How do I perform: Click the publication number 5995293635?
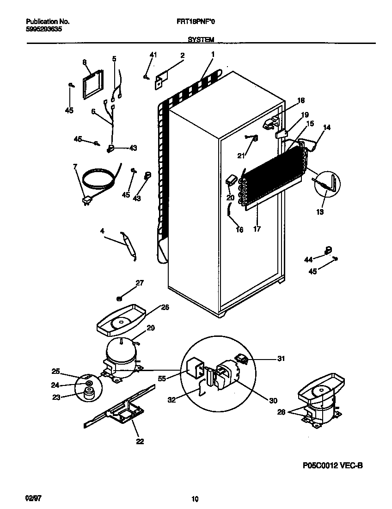tap(42, 29)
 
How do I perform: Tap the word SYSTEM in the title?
tap(201, 40)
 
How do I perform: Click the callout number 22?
tap(140, 441)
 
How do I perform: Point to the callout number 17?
tap(257, 228)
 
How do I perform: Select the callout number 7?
tap(75, 167)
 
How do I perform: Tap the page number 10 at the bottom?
tap(195, 498)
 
